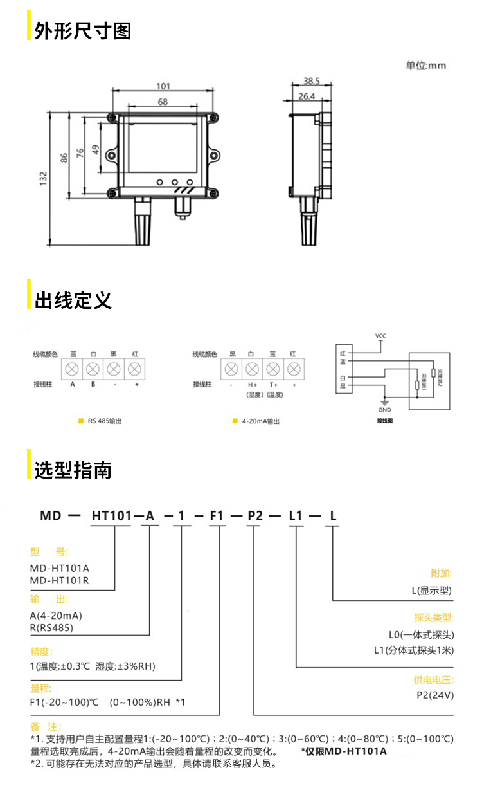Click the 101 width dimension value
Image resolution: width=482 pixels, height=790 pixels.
163,86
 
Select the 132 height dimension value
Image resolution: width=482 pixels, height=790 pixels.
42,178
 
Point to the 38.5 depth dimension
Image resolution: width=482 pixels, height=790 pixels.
312,81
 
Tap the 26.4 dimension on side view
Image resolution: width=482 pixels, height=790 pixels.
307,96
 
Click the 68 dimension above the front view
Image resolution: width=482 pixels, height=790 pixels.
163,102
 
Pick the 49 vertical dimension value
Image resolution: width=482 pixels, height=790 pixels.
95,149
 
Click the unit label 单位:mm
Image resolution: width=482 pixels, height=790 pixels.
425,65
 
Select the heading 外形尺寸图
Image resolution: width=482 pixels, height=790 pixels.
83,30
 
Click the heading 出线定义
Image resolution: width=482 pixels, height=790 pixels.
73,300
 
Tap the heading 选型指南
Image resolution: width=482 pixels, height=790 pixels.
73,470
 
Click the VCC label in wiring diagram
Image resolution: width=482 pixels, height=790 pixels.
380,336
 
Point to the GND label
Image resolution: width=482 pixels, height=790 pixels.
384,410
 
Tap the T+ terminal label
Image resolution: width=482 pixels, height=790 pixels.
273,385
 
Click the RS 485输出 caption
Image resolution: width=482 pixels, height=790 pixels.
105,421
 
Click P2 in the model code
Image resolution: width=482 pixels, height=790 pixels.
256,515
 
